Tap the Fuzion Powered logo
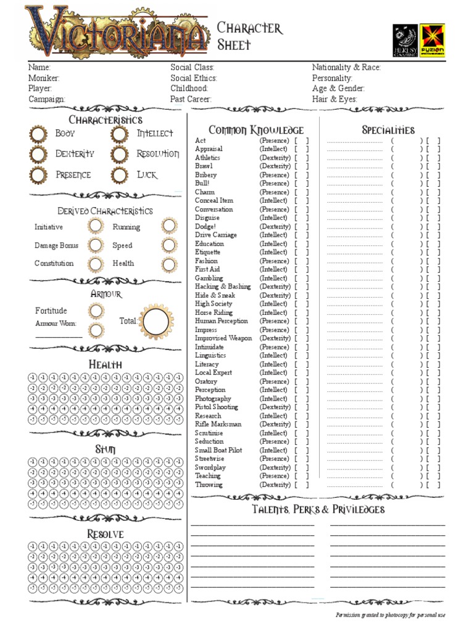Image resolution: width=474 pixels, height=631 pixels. point(432,41)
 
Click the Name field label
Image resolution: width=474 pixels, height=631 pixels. point(39,68)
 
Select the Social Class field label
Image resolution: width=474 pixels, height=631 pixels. point(193,68)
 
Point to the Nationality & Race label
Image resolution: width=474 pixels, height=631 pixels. point(346,68)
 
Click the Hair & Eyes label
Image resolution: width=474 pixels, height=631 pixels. point(335,99)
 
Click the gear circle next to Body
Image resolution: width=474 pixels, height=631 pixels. point(38,134)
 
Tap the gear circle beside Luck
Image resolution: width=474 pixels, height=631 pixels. point(120,176)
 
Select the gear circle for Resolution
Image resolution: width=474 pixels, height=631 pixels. point(120,155)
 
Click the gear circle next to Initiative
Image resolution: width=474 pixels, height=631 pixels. point(95,227)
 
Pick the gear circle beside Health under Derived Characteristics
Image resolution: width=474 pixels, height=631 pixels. point(168,264)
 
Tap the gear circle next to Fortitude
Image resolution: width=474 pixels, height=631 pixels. point(96,311)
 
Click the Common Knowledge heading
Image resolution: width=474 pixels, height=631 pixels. point(256,130)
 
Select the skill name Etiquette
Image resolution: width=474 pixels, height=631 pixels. point(207,252)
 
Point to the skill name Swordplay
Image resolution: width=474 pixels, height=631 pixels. point(210,468)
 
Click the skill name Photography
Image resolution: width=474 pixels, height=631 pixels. point(213,399)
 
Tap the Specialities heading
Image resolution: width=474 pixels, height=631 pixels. point(388,130)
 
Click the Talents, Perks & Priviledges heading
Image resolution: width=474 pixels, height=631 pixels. point(318,510)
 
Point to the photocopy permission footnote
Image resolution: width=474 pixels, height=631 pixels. point(390,615)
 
